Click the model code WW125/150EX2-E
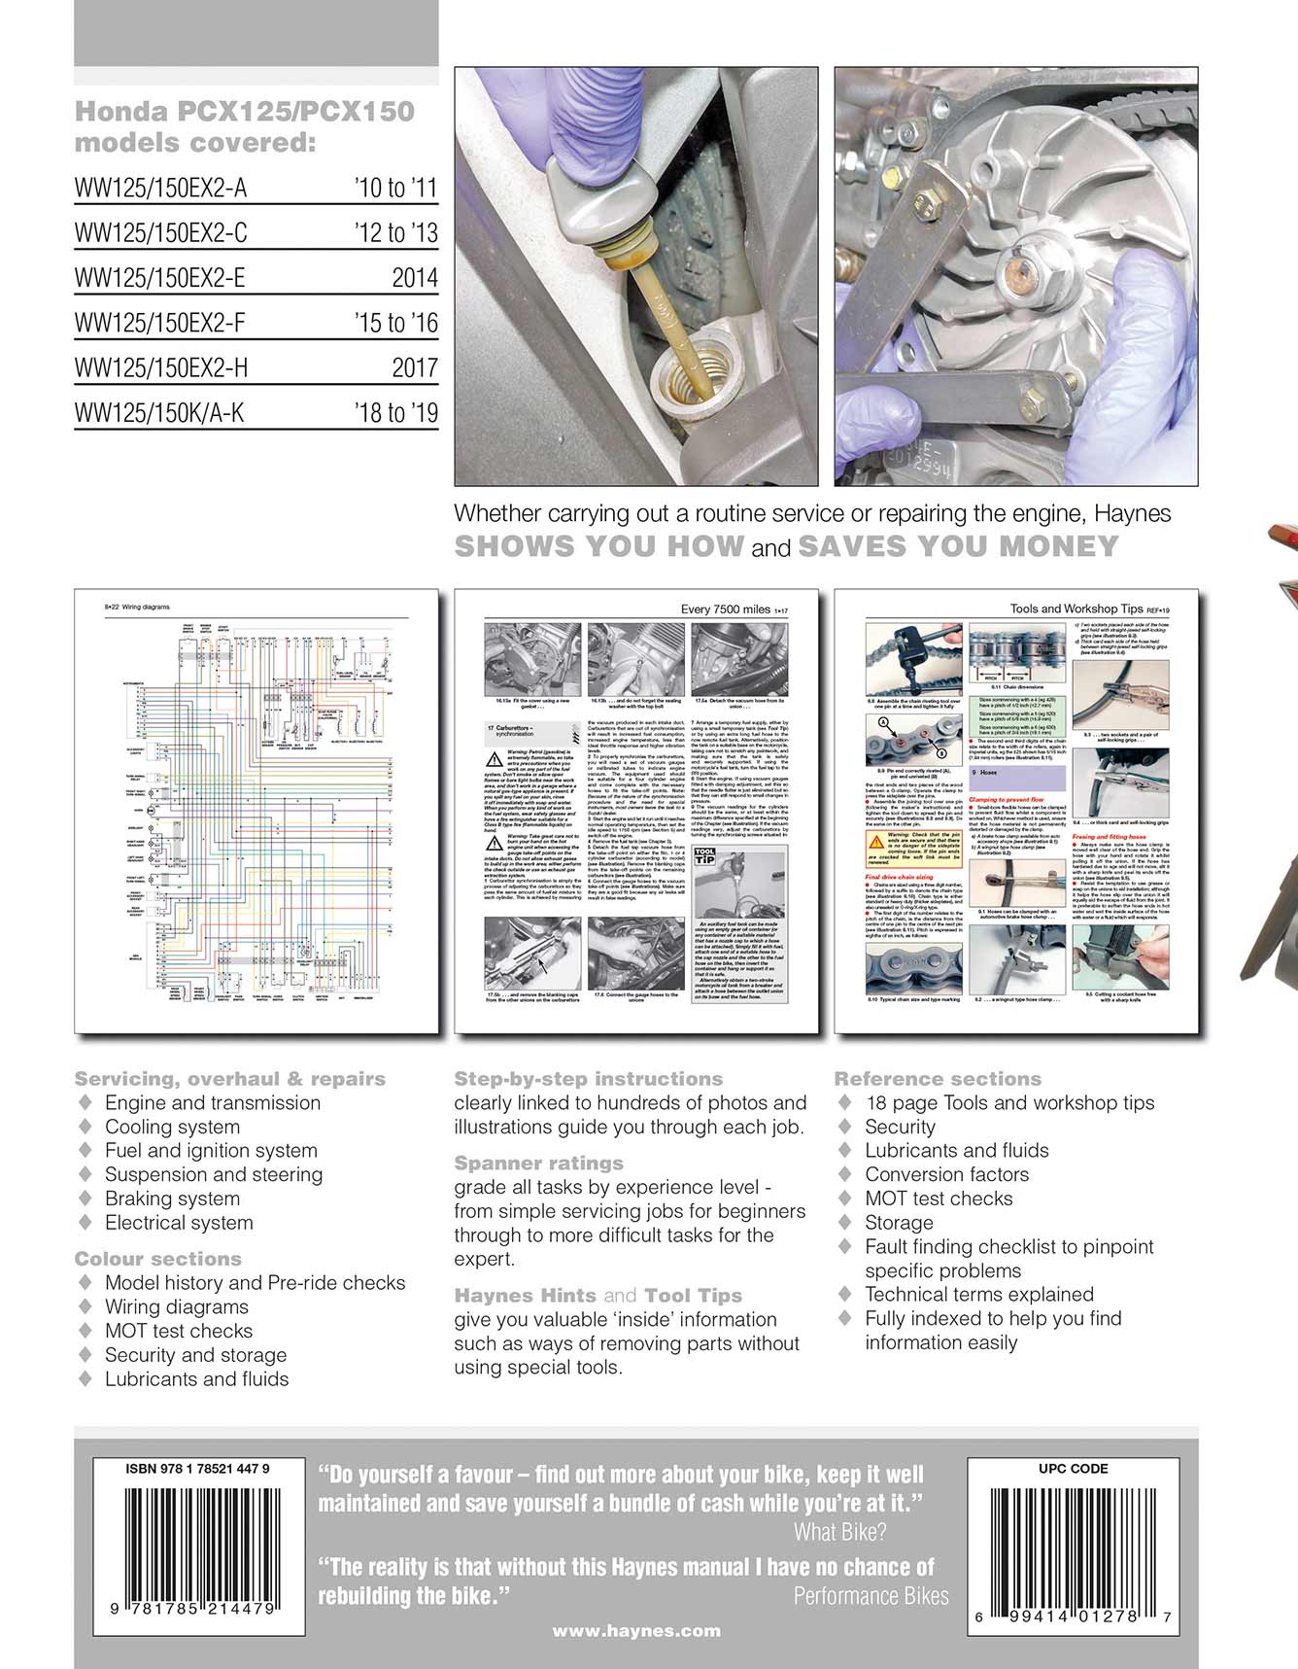point(159,278)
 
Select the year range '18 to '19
point(395,413)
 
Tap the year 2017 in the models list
point(414,368)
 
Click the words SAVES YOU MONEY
point(958,546)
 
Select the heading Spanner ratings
point(538,1164)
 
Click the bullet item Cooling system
point(172,1127)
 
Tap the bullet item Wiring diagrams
point(176,1306)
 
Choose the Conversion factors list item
point(946,1174)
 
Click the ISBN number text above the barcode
point(197,1469)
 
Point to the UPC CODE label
point(1073,1469)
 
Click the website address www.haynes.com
point(636,1631)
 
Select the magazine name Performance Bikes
point(871,1596)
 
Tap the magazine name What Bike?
point(839,1533)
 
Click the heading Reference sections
point(937,1079)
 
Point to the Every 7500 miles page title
point(726,609)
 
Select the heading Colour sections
point(157,1259)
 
